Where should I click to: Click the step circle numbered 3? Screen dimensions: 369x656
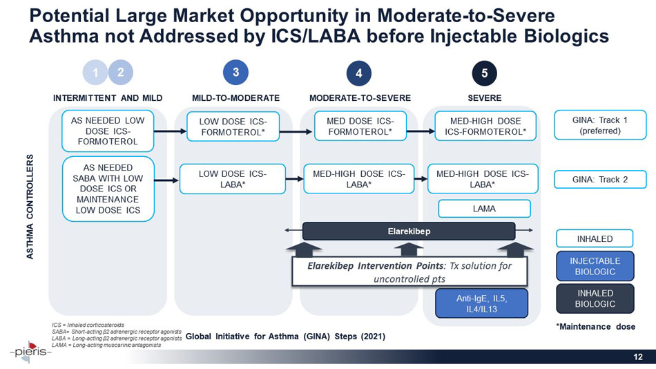pos(235,72)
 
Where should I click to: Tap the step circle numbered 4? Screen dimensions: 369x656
pos(359,73)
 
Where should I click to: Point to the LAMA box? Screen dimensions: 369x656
pos(484,208)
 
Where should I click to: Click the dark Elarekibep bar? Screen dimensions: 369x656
pos(409,231)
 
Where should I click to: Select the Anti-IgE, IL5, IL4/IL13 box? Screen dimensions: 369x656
pos(481,304)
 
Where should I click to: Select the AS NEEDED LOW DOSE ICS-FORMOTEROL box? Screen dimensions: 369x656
pos(107,131)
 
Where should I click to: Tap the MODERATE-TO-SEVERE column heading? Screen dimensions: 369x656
pos(360,97)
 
